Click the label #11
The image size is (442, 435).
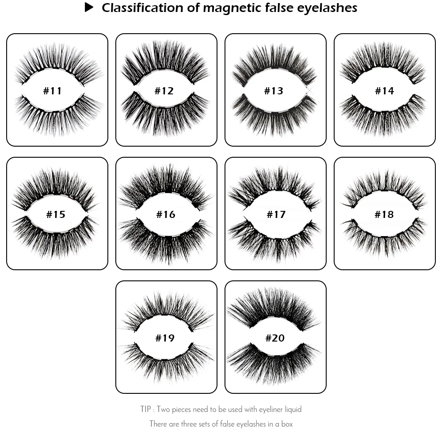coord(53,91)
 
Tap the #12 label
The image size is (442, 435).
coord(164,91)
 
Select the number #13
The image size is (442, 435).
coord(273,91)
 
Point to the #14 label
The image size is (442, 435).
coord(384,91)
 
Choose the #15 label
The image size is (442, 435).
coord(56,215)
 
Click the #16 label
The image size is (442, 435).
coord(166,215)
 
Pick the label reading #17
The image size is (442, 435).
coord(276,215)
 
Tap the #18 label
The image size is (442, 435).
coord(384,215)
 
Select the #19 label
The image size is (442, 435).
coord(165,338)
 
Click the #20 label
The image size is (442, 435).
coord(275,338)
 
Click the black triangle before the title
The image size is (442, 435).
coord(89,8)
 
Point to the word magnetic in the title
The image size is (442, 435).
coord(230,8)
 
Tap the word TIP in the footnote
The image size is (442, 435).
coord(146,409)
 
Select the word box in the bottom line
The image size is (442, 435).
coord(287,424)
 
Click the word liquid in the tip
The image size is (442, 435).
coord(292,409)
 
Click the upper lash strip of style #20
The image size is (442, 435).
coord(274,308)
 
